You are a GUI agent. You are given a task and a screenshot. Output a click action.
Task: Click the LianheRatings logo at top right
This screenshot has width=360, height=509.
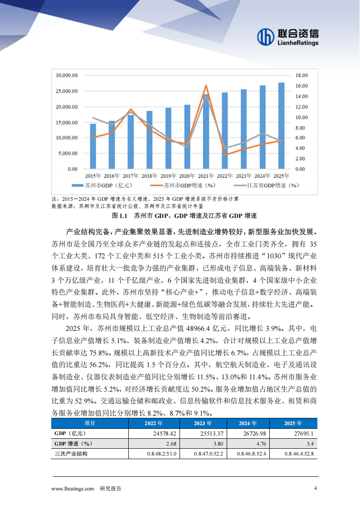click(x=287, y=37)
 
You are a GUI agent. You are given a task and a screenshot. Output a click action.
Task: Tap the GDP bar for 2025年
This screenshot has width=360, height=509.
click(x=281, y=126)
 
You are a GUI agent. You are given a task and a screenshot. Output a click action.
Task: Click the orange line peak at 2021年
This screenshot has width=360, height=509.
click(x=206, y=86)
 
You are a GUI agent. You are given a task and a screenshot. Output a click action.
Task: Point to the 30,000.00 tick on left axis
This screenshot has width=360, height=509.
click(x=66, y=75)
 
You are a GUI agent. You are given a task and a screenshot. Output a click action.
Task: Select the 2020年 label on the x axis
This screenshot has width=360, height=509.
click(x=187, y=175)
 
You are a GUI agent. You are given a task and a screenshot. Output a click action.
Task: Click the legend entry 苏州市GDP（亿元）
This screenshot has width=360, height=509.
click(x=100, y=185)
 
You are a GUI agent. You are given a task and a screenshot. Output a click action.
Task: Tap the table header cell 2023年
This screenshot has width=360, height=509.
click(x=203, y=424)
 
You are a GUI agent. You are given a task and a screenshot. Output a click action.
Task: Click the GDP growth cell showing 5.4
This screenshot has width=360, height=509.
click(x=310, y=444)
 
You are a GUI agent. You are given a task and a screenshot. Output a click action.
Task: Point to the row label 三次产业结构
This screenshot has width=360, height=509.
click(x=70, y=454)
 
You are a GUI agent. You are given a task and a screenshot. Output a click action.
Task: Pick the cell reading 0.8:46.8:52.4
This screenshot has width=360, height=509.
click(x=253, y=454)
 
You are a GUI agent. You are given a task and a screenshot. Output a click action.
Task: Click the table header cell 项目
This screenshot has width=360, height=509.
click(x=90, y=424)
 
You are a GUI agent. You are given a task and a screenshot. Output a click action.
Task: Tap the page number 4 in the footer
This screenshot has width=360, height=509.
click(x=316, y=489)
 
